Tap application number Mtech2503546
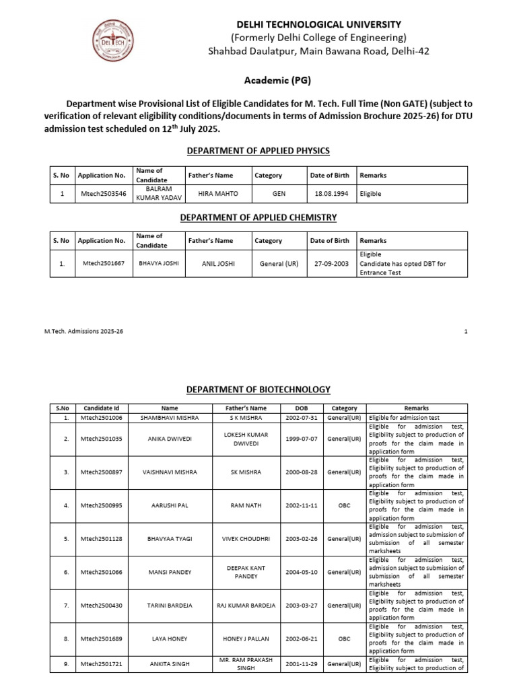(x=102, y=194)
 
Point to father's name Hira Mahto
(x=215, y=194)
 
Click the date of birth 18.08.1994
(x=329, y=194)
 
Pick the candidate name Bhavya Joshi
(x=159, y=264)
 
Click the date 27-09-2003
(x=330, y=264)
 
